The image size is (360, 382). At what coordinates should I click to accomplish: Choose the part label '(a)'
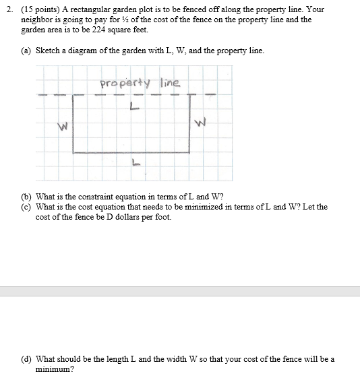pos(28,51)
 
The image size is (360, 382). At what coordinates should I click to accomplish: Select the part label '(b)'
pos(28,197)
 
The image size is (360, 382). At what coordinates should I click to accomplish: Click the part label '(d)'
pos(28,359)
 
